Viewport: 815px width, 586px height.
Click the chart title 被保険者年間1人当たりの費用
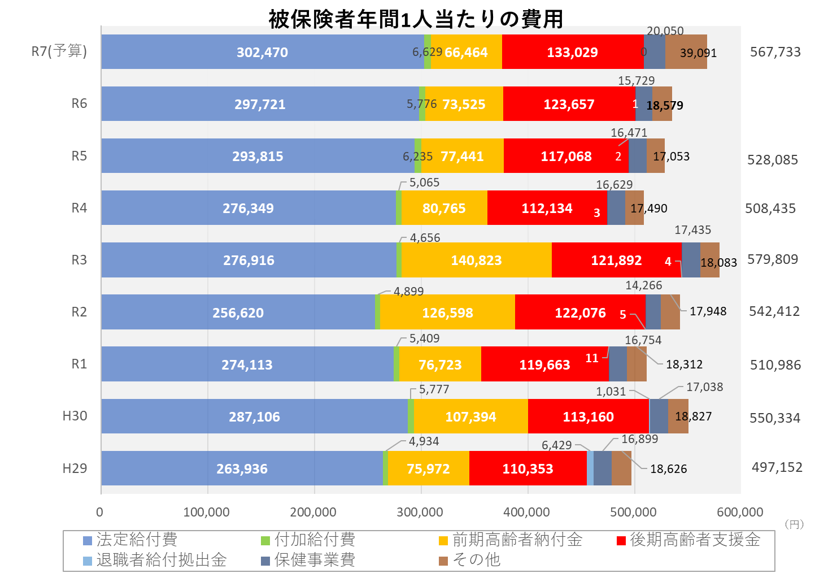pyautogui.click(x=416, y=19)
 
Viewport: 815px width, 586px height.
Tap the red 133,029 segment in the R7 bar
pyautogui.click(x=572, y=52)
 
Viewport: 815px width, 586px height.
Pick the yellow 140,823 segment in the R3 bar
pyautogui.click(x=476, y=260)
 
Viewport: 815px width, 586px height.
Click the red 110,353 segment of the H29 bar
pyautogui.click(x=528, y=468)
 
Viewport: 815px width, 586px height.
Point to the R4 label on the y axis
pyautogui.click(x=79, y=208)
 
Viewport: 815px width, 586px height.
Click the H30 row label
pyautogui.click(x=75, y=416)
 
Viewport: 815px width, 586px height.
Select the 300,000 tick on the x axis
pyautogui.click(x=420, y=512)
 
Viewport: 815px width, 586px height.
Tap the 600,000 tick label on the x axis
pyautogui.click(x=740, y=512)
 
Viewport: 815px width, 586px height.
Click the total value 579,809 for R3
pyautogui.click(x=773, y=259)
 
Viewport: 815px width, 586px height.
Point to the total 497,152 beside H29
pyautogui.click(x=777, y=467)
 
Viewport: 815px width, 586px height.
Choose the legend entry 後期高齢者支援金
pyautogui.click(x=695, y=540)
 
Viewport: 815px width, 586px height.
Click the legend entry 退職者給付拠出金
pyautogui.click(x=161, y=560)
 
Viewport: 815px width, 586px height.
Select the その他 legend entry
pyautogui.click(x=476, y=560)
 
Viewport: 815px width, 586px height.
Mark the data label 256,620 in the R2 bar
pyautogui.click(x=238, y=312)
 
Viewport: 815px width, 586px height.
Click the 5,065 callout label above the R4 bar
pyautogui.click(x=424, y=183)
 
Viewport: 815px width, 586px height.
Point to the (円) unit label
pyautogui.click(x=794, y=524)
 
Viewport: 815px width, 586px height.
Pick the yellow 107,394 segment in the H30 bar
pyautogui.click(x=470, y=416)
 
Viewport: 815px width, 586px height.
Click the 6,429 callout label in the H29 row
pyautogui.click(x=556, y=445)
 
